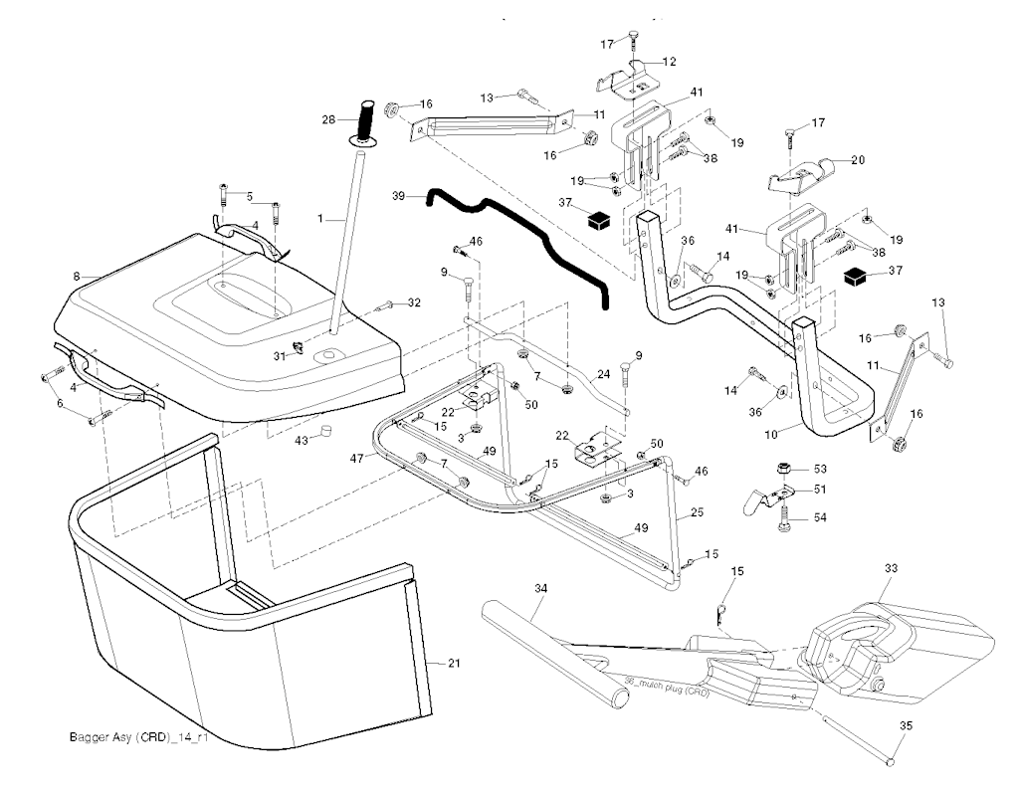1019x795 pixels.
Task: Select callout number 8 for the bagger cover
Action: pos(77,276)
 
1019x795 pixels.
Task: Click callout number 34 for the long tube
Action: pos(540,589)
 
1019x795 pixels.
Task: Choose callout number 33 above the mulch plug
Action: pos(890,568)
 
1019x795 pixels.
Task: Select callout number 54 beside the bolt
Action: pos(820,517)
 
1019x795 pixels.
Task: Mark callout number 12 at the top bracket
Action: pos(669,62)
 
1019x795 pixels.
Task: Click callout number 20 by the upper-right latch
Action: pos(859,159)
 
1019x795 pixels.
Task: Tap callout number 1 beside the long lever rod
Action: pos(319,218)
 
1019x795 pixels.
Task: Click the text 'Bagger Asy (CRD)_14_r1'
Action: pos(132,738)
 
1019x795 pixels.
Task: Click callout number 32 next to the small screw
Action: pos(415,302)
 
